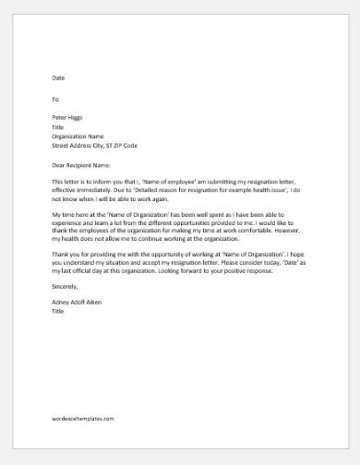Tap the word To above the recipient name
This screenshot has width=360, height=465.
pos(55,98)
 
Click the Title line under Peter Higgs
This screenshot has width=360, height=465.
pos(58,125)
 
